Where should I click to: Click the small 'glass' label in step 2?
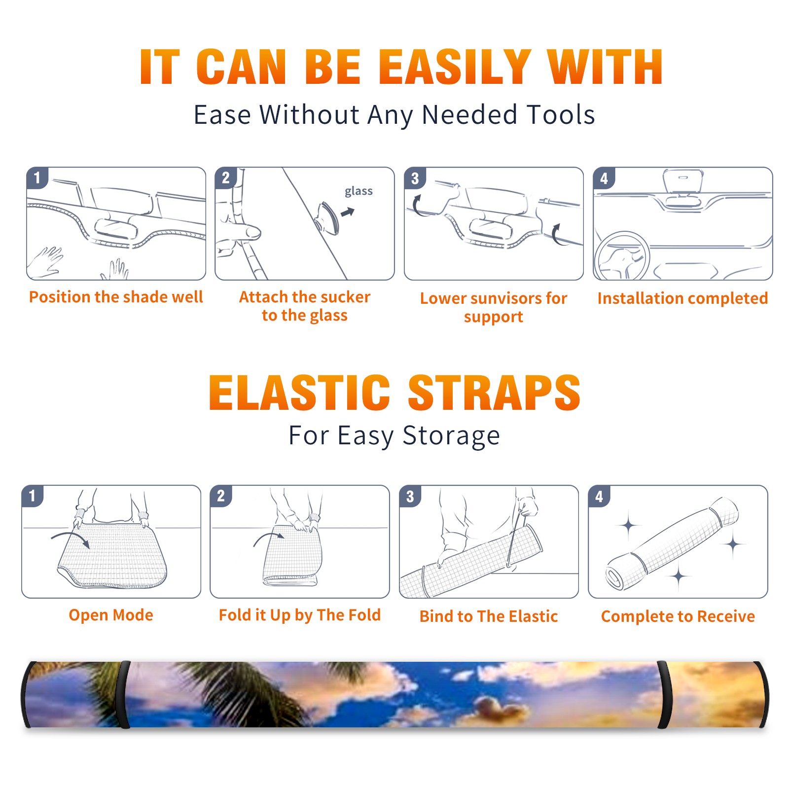[359, 191]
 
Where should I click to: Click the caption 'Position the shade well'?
[116, 297]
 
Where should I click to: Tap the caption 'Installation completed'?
[682, 298]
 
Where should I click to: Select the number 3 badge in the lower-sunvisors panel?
[415, 178]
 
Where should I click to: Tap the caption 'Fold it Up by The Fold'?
[300, 615]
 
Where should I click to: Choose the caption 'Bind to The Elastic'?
[489, 616]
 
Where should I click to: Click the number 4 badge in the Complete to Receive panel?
[599, 496]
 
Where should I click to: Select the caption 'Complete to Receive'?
[678, 616]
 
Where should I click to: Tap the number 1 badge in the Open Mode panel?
[33, 496]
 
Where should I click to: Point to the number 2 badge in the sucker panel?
[226, 178]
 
